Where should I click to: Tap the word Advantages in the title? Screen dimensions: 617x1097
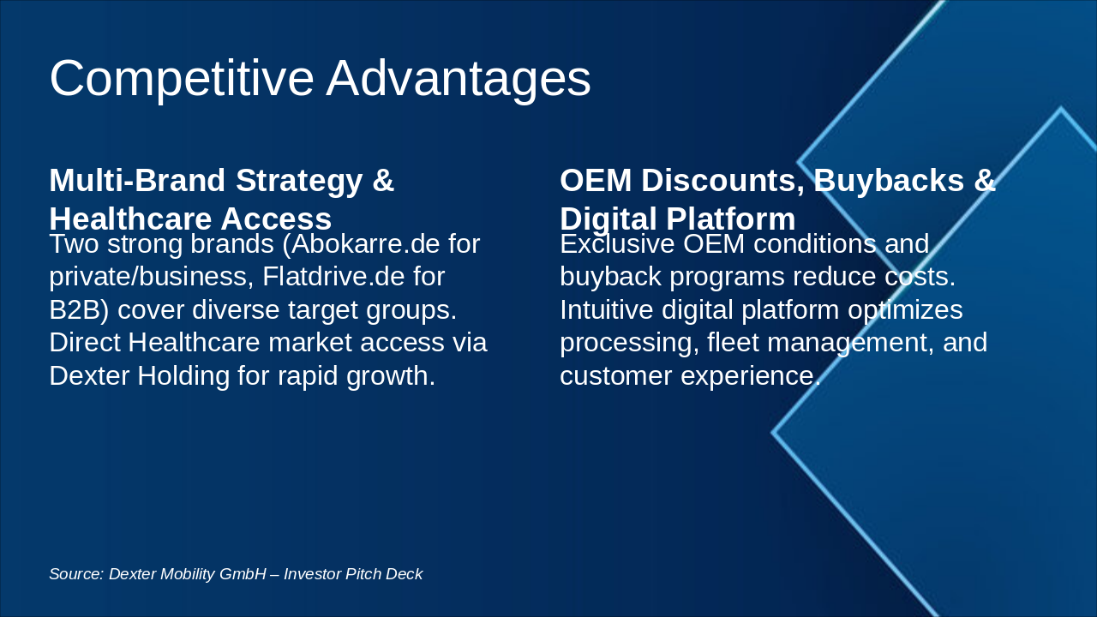click(459, 79)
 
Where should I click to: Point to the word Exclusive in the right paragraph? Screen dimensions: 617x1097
click(617, 244)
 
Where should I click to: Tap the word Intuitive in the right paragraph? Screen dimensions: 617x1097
click(608, 309)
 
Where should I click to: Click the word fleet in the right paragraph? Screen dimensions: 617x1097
click(733, 342)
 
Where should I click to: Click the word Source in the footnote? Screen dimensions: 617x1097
click(75, 574)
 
